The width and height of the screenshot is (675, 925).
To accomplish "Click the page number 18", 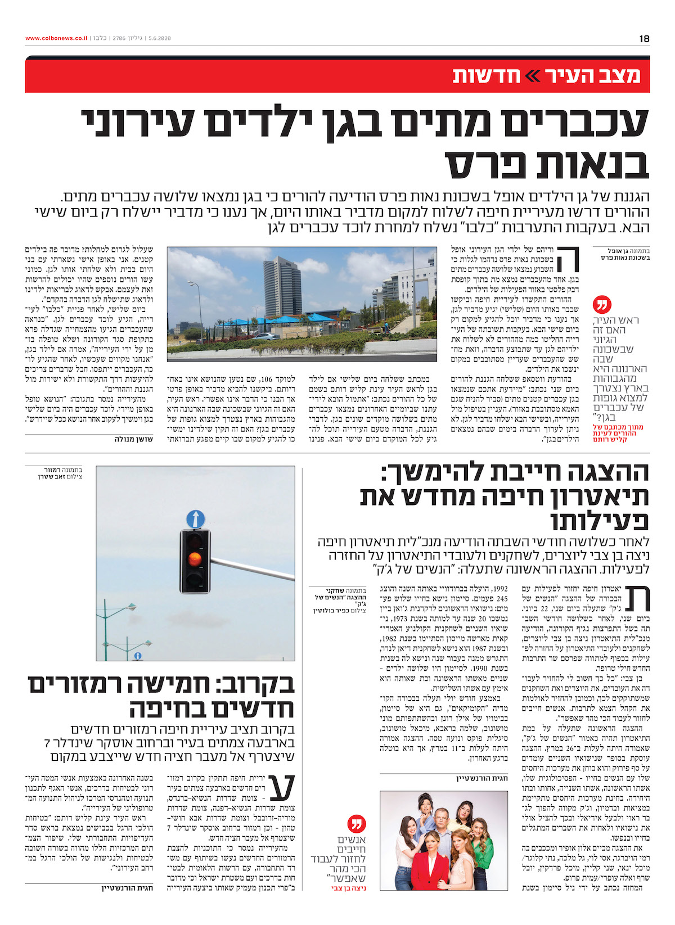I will point(644,39).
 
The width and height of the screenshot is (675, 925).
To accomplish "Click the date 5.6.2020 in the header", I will point(159,39).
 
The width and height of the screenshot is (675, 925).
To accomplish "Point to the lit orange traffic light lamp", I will point(195,558).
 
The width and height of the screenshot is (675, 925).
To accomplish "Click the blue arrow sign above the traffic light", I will point(195,518).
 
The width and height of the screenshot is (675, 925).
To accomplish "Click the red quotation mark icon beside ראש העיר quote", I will point(601,306).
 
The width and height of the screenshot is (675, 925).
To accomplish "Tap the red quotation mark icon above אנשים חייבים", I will point(355,824).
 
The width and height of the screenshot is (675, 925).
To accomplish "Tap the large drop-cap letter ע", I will point(282,787).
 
